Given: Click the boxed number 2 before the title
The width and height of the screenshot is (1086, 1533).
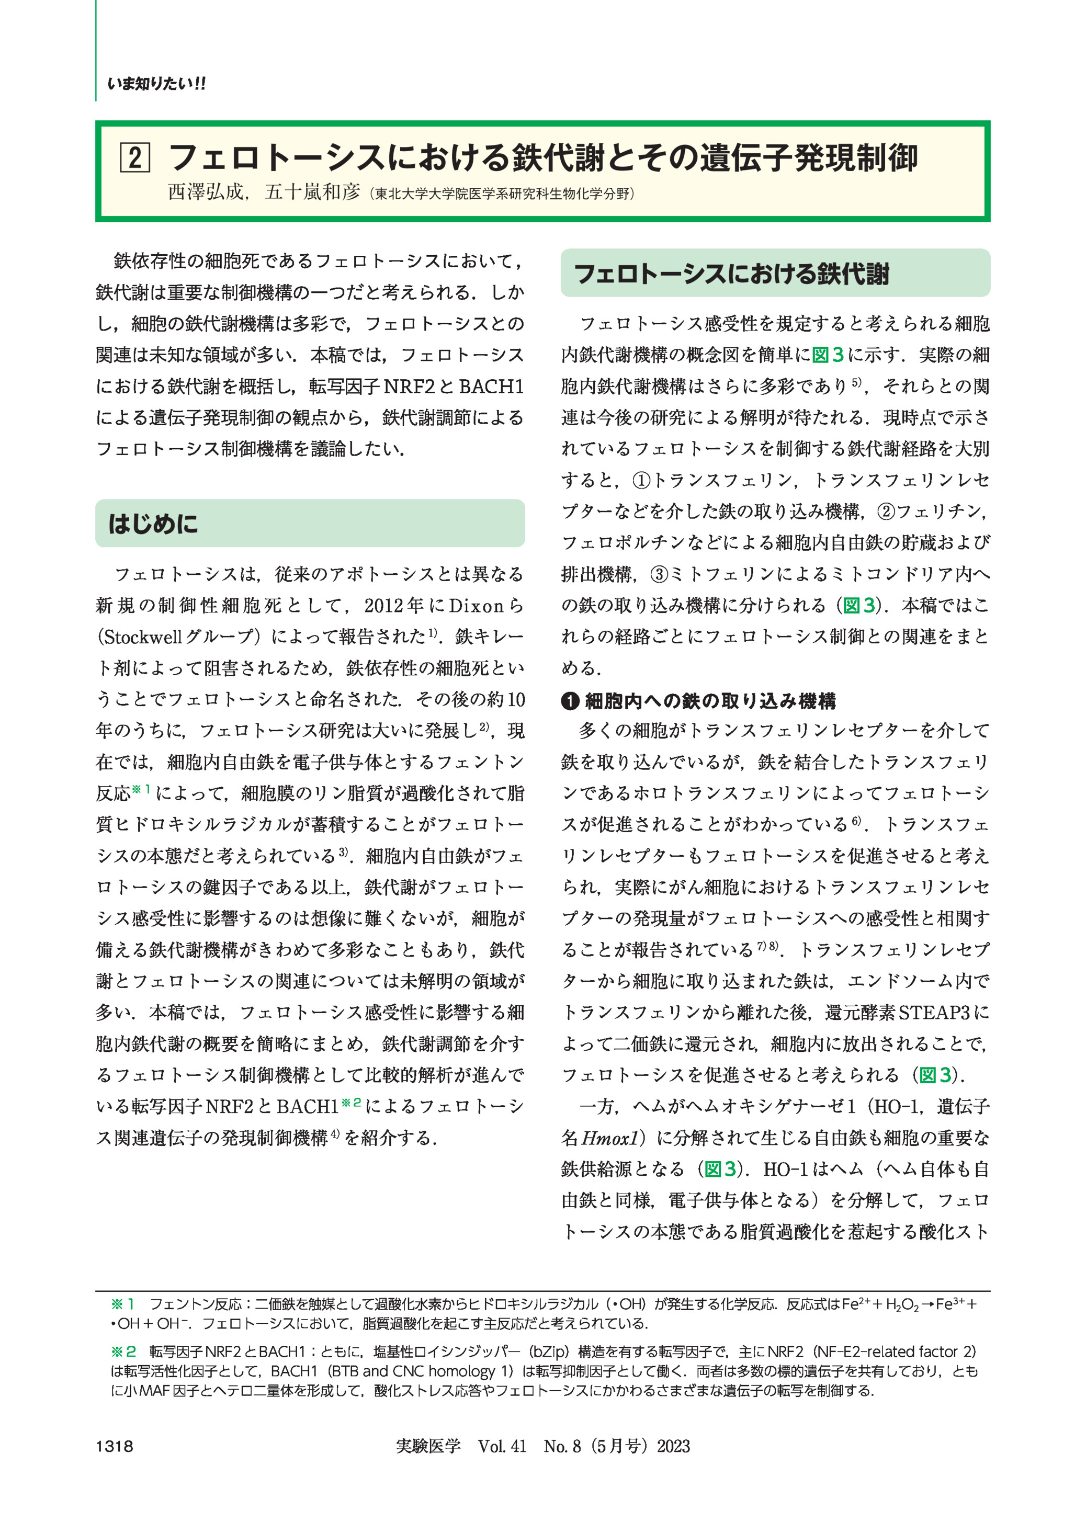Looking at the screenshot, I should coord(134,158).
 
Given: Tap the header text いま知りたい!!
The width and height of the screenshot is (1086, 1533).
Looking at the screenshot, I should coord(156,84).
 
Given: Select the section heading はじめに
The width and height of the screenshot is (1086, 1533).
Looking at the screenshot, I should coord(153,524).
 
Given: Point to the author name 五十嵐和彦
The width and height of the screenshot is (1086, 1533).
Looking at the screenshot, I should coord(312,192).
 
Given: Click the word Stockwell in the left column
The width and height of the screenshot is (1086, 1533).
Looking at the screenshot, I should coord(142,637).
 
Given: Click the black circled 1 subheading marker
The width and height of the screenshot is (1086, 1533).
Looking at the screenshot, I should coord(569,701).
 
